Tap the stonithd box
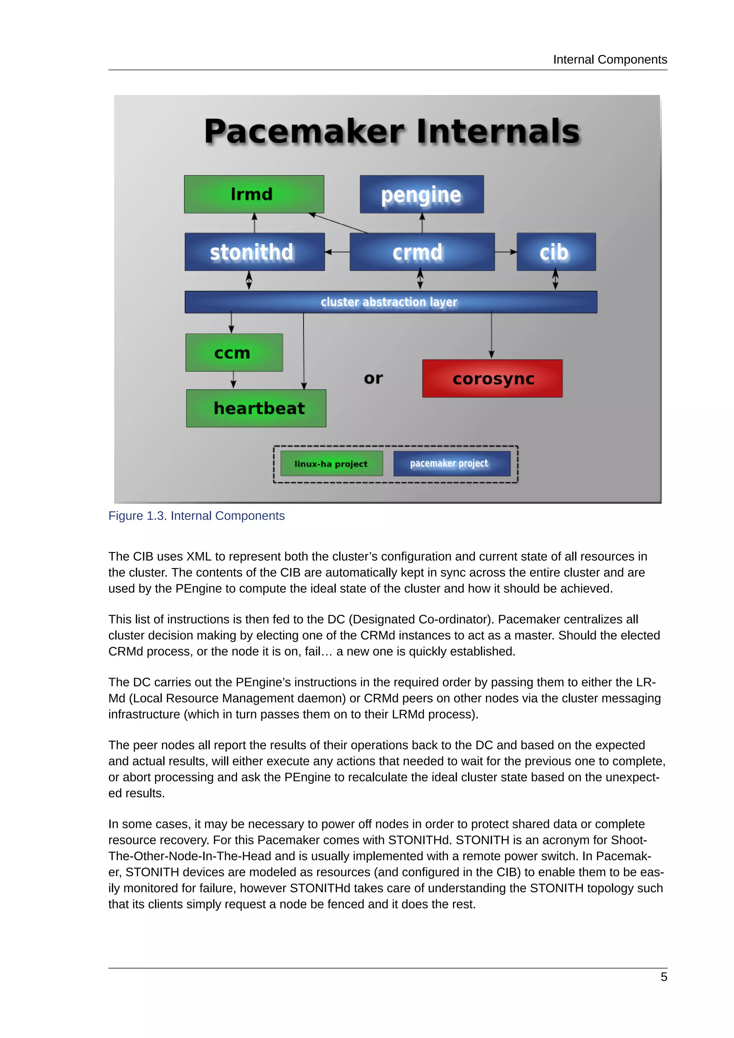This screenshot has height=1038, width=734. tap(254, 252)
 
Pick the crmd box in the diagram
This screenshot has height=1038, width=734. tap(422, 252)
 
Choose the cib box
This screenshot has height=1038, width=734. tap(556, 252)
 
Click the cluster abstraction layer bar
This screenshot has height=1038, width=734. tap(391, 302)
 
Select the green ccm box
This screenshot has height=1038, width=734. tap(234, 353)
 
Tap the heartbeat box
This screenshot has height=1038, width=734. tap(256, 408)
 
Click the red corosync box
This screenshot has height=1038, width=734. tap(492, 378)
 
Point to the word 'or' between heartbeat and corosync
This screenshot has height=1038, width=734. tap(373, 378)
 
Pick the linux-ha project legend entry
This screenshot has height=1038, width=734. tap(331, 463)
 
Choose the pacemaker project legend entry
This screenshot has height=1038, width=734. tap(452, 463)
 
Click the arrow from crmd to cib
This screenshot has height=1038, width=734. tap(506, 252)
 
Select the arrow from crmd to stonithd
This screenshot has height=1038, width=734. tap(337, 252)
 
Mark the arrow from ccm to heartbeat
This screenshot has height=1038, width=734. tap(233, 380)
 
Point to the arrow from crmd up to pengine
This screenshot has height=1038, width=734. tap(422, 223)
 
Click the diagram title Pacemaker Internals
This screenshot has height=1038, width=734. tap(392, 132)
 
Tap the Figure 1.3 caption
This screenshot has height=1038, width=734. tap(196, 516)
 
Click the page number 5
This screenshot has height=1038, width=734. tap(663, 977)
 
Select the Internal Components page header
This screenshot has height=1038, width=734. tap(610, 59)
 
